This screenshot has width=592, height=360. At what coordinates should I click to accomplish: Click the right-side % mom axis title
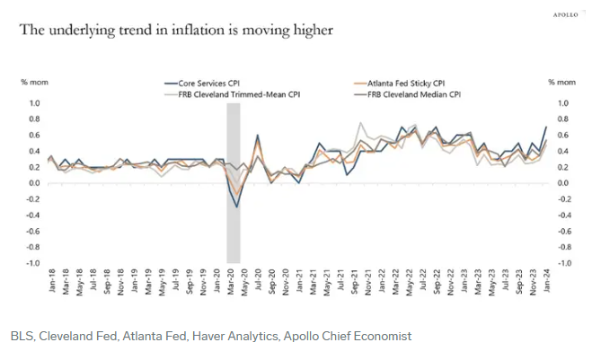(x=558, y=83)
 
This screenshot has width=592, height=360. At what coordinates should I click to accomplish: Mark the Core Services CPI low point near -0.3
(x=237, y=207)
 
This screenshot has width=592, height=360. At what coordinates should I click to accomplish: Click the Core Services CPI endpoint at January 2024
(x=544, y=127)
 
